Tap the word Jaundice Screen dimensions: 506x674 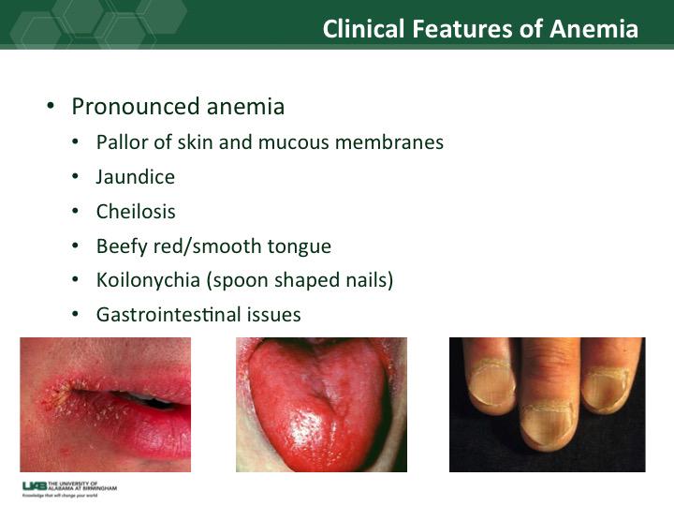click(x=135, y=176)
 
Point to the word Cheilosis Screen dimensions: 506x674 click(x=136, y=211)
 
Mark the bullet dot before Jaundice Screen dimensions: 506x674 click(x=76, y=177)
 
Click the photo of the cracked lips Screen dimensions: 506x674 click(x=105, y=404)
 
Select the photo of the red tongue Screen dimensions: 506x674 click(x=320, y=404)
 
